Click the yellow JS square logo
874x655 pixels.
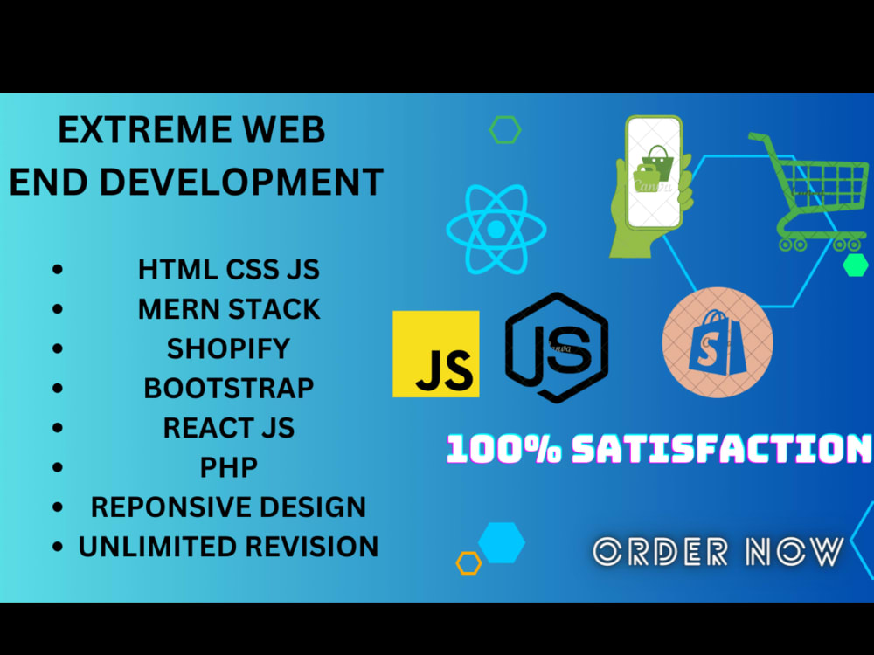tap(435, 354)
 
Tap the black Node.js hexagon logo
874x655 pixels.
tap(557, 348)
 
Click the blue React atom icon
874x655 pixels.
tap(496, 229)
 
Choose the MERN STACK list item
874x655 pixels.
tap(228, 308)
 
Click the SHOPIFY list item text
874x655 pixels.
tap(228, 348)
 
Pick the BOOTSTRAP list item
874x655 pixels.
tap(228, 387)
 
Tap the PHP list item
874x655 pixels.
tap(228, 467)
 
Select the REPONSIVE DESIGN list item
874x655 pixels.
tap(228, 507)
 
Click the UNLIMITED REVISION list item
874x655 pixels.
tap(228, 547)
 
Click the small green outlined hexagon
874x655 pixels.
tap(505, 130)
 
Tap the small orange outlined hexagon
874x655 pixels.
tap(468, 563)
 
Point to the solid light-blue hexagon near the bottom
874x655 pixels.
tap(502, 542)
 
